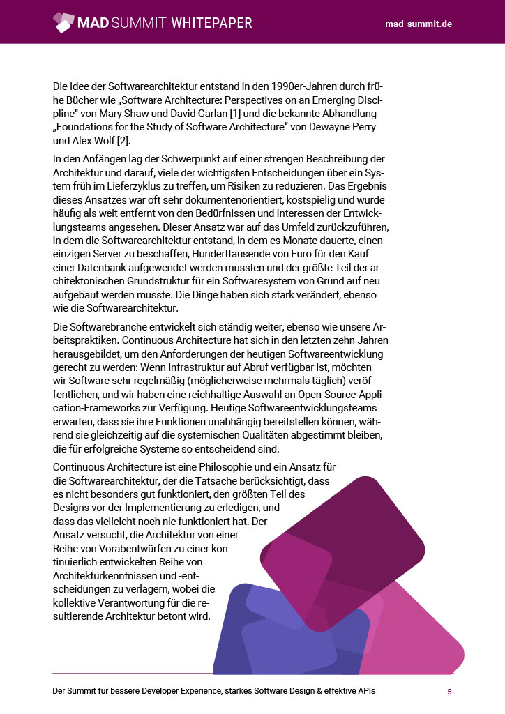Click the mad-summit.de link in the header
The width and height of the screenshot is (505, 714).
tap(419, 24)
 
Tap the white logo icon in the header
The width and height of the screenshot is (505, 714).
tap(63, 22)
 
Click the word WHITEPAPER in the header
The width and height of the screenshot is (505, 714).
tap(211, 23)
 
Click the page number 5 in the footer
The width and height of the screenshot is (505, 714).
tap(449, 692)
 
